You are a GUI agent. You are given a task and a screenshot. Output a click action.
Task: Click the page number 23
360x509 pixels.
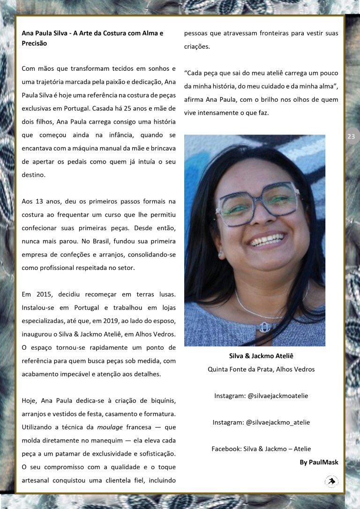click(351, 136)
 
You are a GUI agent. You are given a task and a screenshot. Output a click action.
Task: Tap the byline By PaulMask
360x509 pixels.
click(319, 462)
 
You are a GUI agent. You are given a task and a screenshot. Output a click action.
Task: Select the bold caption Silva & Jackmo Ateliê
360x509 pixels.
click(261, 356)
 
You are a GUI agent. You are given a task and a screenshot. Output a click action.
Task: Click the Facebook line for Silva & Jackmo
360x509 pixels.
click(261, 449)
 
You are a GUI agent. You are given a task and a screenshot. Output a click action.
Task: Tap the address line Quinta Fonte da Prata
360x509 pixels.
click(261, 369)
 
